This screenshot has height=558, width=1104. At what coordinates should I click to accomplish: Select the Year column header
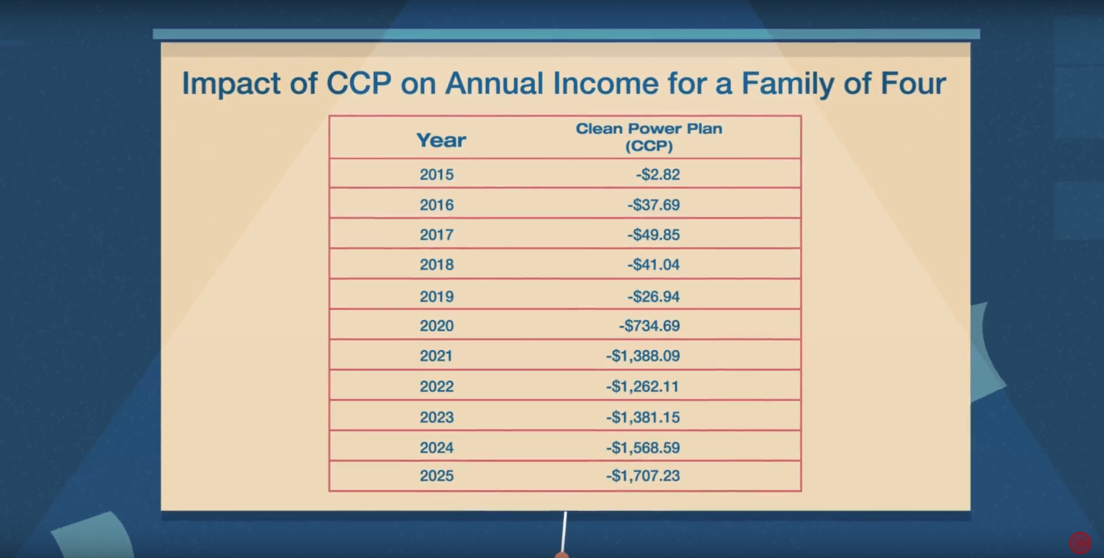441,140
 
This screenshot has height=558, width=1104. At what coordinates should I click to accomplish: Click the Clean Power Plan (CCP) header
649,137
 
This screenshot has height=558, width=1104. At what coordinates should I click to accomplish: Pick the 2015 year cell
436,175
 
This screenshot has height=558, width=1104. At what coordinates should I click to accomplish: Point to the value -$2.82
658,175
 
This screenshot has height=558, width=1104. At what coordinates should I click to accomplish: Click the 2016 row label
436,205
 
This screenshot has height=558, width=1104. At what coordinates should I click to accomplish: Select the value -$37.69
653,205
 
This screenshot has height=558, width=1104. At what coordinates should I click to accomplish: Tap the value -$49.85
653,235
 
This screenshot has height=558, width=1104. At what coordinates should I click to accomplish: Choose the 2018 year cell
436,265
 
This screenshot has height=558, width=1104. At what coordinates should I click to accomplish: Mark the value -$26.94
653,297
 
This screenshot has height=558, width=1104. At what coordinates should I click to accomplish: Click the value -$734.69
649,326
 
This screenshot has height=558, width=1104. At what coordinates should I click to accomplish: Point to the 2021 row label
436,356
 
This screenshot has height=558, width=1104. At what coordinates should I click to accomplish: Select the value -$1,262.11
642,386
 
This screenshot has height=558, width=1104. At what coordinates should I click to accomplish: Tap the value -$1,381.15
643,417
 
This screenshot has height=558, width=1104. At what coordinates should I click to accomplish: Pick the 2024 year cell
436,448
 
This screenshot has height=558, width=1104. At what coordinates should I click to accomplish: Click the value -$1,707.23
643,476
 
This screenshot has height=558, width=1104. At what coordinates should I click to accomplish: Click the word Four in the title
913,84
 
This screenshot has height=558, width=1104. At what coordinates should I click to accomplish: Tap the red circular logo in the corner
1080,543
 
